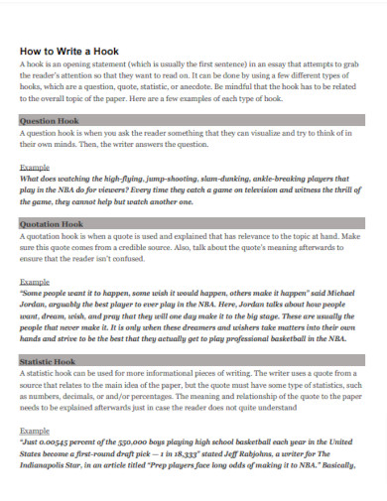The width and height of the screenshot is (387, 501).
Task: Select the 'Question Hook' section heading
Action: pos(49,120)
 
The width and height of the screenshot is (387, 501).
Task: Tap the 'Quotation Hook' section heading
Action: pos(51,224)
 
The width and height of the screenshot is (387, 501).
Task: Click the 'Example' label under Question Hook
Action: pos(35,169)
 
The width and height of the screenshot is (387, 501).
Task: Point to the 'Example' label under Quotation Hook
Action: pos(35,282)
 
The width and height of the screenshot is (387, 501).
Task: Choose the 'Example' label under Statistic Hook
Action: pos(35,432)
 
